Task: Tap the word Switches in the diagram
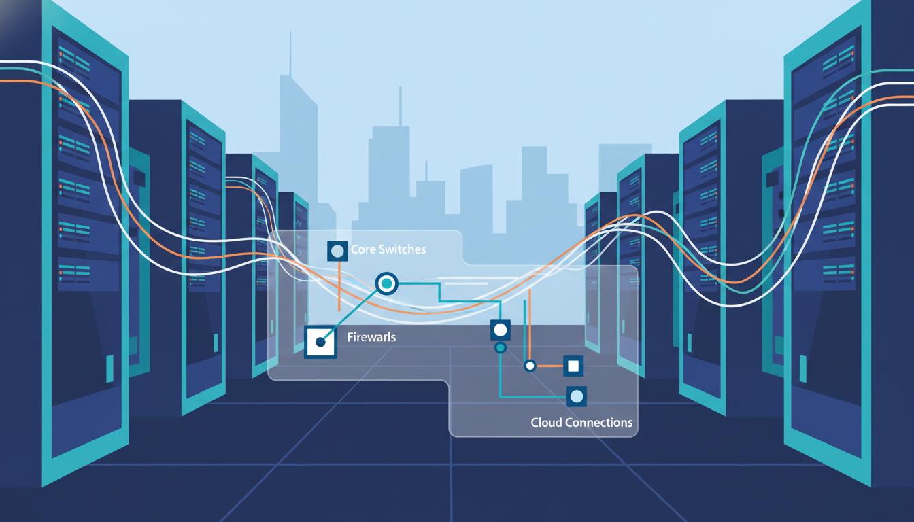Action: (x=402, y=250)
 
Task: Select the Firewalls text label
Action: (x=371, y=337)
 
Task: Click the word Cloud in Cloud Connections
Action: (x=546, y=423)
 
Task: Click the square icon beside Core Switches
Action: (x=337, y=251)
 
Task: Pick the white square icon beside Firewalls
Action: (x=320, y=341)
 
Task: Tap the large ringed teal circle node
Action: (x=386, y=283)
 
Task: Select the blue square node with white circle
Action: (x=501, y=330)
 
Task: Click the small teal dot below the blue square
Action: (x=501, y=348)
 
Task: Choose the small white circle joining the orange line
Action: (x=530, y=366)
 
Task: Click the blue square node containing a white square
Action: (x=573, y=366)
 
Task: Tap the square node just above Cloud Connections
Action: (x=577, y=396)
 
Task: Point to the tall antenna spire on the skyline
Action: (x=290, y=54)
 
